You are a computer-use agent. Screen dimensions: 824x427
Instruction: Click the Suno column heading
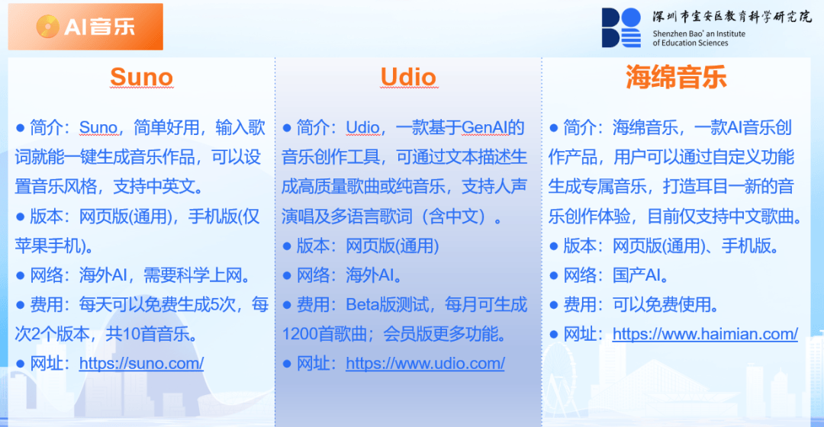(x=141, y=77)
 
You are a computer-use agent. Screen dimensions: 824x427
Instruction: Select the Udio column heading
(x=408, y=77)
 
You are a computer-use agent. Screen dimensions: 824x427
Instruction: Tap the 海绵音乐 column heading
(x=676, y=77)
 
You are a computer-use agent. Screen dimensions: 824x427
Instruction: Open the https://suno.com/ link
(x=141, y=363)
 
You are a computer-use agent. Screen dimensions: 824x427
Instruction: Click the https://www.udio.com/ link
(x=425, y=363)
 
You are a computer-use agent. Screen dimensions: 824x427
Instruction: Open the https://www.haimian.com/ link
(x=705, y=333)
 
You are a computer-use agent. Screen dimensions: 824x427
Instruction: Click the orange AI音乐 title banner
(x=85, y=27)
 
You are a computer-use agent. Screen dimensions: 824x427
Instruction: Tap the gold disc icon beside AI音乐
(x=48, y=26)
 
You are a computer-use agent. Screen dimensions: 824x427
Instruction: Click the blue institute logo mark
(x=621, y=27)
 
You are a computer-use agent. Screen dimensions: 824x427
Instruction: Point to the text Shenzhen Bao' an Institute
(x=699, y=34)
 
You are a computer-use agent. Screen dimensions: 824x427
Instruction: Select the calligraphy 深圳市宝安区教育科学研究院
(x=732, y=17)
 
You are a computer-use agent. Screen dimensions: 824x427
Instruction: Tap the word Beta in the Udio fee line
(x=362, y=305)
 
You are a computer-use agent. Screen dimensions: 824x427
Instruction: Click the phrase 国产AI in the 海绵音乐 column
(x=636, y=275)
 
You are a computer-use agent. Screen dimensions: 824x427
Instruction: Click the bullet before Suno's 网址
(x=21, y=364)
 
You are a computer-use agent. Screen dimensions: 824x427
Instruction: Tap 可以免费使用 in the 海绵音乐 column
(x=661, y=305)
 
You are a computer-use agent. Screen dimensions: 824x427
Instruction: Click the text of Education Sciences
(x=690, y=43)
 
